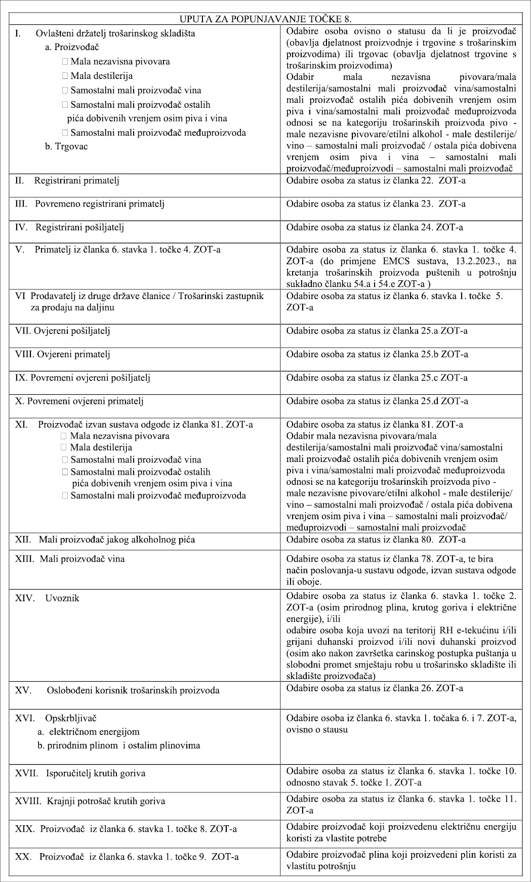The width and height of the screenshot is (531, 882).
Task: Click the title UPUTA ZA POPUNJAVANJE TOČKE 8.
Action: pos(266,20)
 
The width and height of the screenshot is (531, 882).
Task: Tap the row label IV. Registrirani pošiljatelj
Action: pos(69,227)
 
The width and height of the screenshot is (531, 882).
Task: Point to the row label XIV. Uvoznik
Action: pos(47,598)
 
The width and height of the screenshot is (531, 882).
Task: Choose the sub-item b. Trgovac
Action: pos(66,147)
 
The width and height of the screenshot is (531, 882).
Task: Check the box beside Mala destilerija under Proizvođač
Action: pos(65,76)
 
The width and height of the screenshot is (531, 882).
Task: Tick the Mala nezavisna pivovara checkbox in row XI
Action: pos(64,436)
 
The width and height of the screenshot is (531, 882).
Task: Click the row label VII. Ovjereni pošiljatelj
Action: pos(63,331)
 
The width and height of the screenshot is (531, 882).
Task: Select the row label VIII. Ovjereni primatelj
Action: pos(63,354)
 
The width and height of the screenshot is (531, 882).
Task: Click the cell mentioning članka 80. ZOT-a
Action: pos(376,539)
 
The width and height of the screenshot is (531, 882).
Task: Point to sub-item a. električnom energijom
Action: pos(89,732)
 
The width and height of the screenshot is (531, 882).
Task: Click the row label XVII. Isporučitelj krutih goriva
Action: pos(80,773)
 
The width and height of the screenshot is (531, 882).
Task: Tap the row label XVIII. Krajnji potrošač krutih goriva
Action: pos(90,801)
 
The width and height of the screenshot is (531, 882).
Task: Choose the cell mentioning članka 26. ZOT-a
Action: pos(375,688)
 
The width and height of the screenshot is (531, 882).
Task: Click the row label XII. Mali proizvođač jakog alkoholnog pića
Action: pos(104,539)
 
